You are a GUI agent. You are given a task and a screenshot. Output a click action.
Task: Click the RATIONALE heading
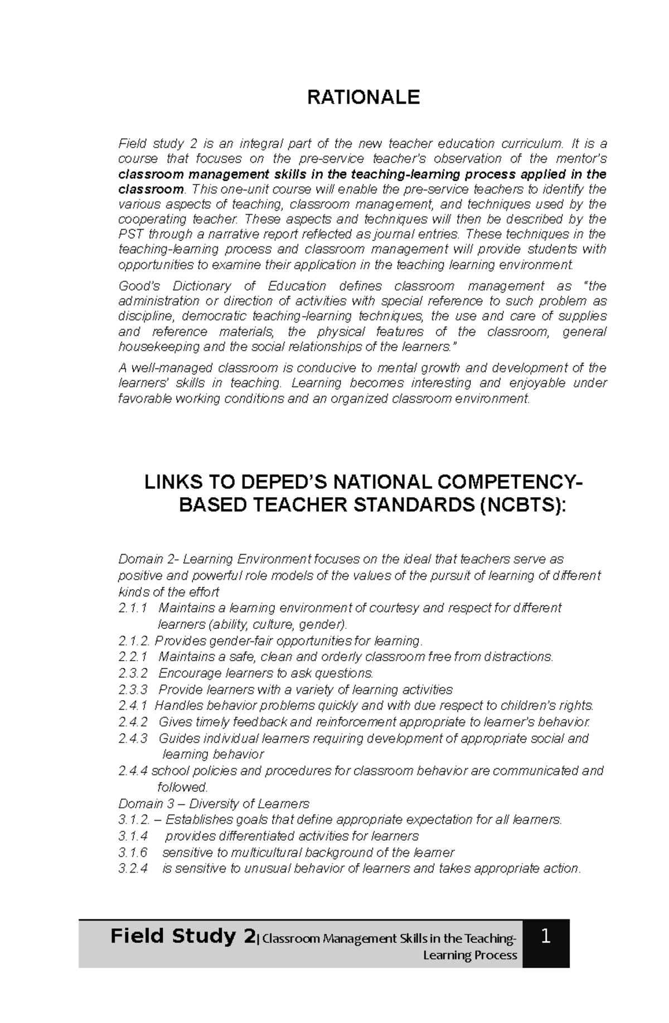(363, 98)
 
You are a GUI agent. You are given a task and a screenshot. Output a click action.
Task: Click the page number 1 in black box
(546, 937)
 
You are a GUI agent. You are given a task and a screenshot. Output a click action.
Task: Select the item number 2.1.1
(133, 608)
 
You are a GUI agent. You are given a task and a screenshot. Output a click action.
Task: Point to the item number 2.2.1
(133, 657)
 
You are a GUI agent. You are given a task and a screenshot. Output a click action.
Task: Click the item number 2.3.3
(133, 690)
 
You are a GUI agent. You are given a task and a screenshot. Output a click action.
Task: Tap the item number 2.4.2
(133, 722)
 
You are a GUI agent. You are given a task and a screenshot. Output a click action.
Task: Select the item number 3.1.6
(133, 852)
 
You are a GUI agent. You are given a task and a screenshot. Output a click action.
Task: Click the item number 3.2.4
(133, 869)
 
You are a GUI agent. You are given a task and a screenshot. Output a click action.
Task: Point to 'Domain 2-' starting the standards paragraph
(148, 559)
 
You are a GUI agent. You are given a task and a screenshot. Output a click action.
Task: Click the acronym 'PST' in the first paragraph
(131, 234)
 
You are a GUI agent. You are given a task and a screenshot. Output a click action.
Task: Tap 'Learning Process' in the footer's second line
(470, 955)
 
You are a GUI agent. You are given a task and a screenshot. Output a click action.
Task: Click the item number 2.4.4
(133, 771)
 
